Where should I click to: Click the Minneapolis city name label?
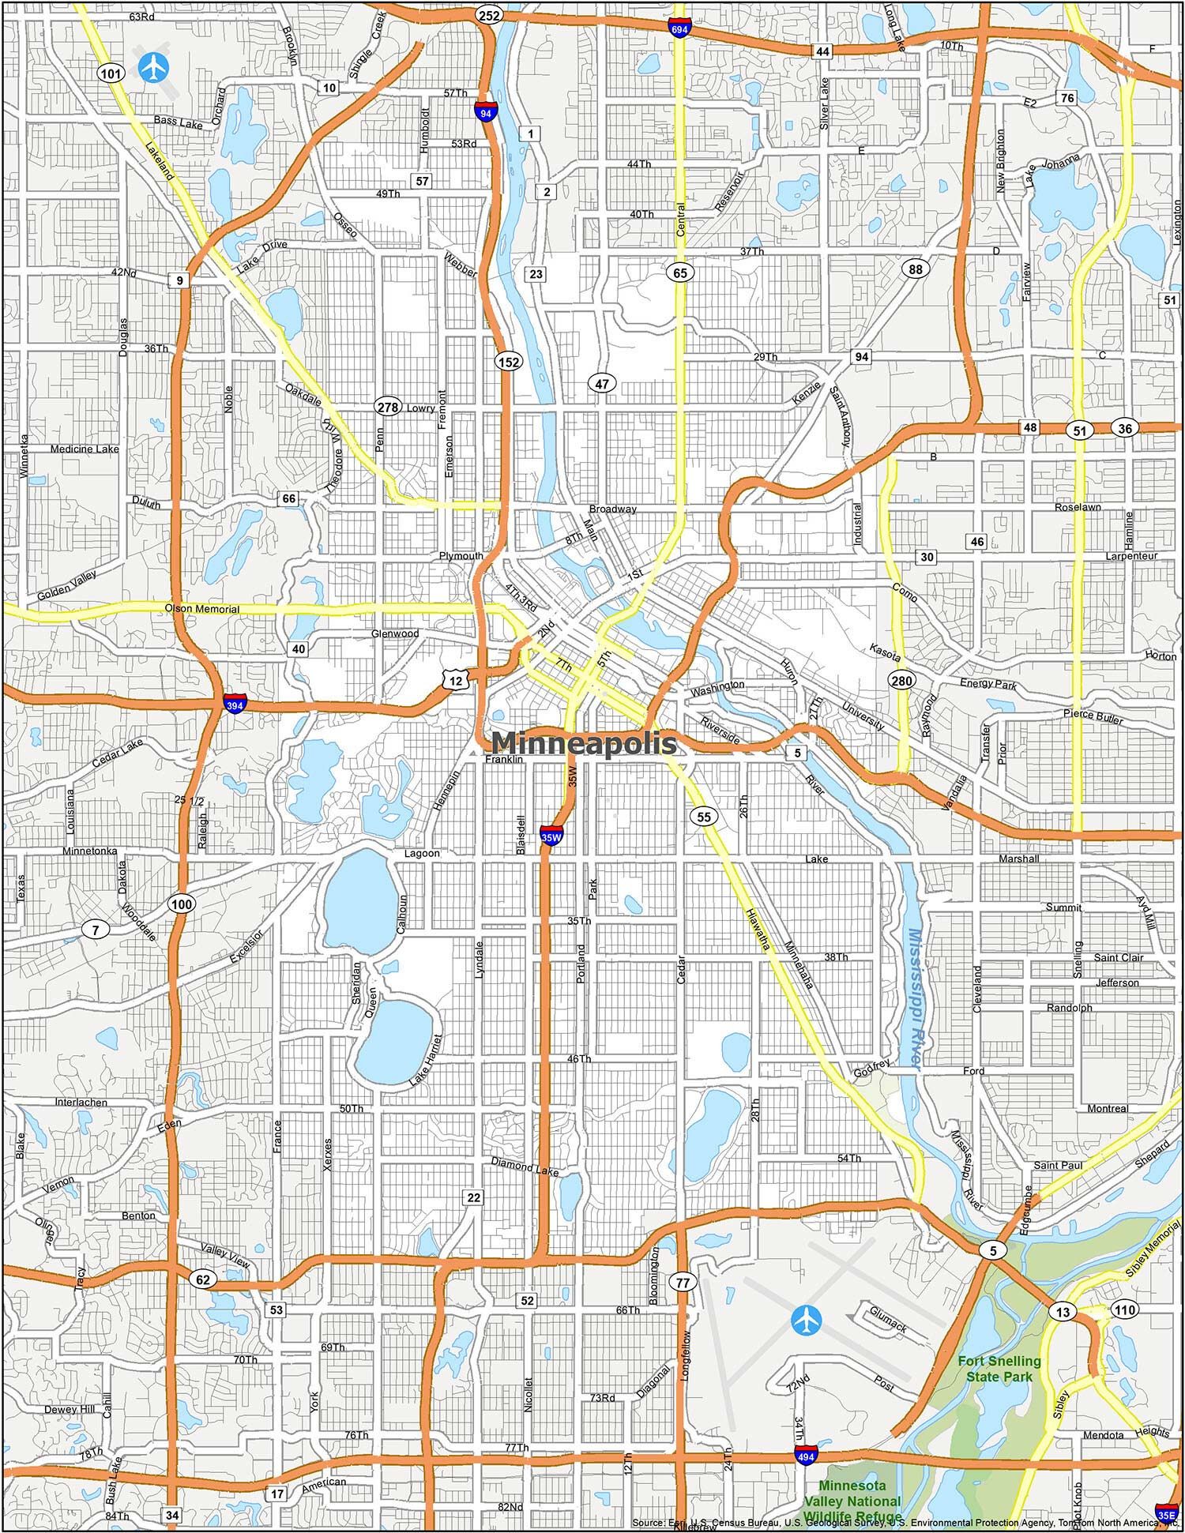coord(584,742)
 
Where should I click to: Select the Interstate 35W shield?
coord(551,835)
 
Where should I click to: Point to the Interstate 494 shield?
coord(806,1454)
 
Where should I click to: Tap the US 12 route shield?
coord(457,679)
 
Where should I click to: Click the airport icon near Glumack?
coord(806,1318)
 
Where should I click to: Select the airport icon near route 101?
coord(153,67)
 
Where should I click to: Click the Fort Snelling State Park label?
coord(999,1369)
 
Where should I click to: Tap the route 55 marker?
coord(704,817)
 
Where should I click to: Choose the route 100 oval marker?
coord(182,904)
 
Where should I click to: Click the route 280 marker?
coord(901,680)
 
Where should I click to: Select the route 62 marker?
coord(203,1279)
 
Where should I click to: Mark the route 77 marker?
coord(683,1283)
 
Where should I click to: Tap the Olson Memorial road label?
coord(201,609)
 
